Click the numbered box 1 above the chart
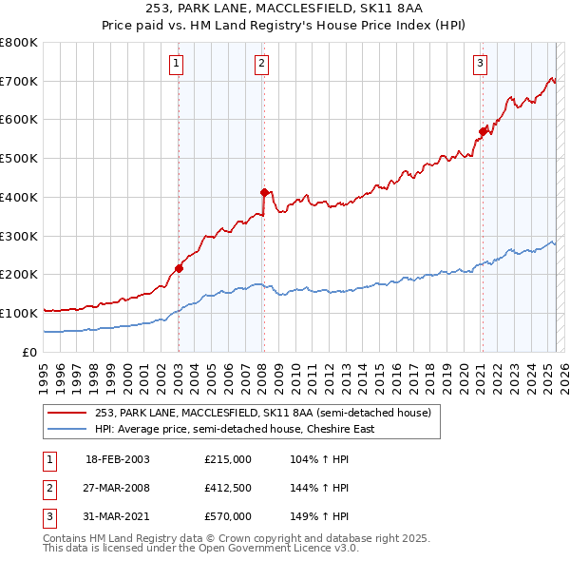pos(178,64)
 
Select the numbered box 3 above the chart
pos(481,64)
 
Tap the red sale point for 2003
pos(179,268)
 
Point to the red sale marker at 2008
pos(264,192)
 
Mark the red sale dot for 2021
pos(483,132)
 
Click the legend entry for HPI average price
pos(235,429)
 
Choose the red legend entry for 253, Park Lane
pos(263,413)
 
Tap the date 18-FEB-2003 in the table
pos(118,459)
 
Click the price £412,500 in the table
pos(228,488)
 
